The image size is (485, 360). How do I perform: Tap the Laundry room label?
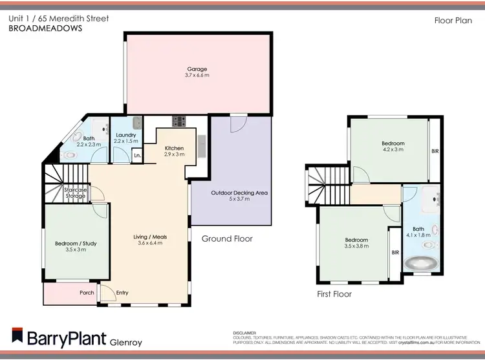click(125, 135)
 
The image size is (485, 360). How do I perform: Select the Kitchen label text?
click(175, 149)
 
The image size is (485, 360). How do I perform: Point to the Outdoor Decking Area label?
click(239, 193)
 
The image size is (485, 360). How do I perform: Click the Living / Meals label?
click(153, 237)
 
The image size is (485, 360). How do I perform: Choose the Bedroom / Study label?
click(76, 244)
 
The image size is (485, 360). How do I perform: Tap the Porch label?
click(87, 293)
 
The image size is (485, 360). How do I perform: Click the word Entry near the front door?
click(122, 293)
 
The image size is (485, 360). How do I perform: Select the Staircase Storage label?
click(75, 193)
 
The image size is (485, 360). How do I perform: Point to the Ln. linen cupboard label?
click(137, 156)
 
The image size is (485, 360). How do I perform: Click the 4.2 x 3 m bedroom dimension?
click(393, 149)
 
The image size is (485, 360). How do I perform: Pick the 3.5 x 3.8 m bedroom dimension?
click(356, 246)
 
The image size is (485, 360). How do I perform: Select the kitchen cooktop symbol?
click(178, 121)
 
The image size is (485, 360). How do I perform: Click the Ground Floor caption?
click(227, 238)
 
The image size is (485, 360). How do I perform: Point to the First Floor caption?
click(334, 294)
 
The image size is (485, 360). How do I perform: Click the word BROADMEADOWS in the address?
click(45, 28)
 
